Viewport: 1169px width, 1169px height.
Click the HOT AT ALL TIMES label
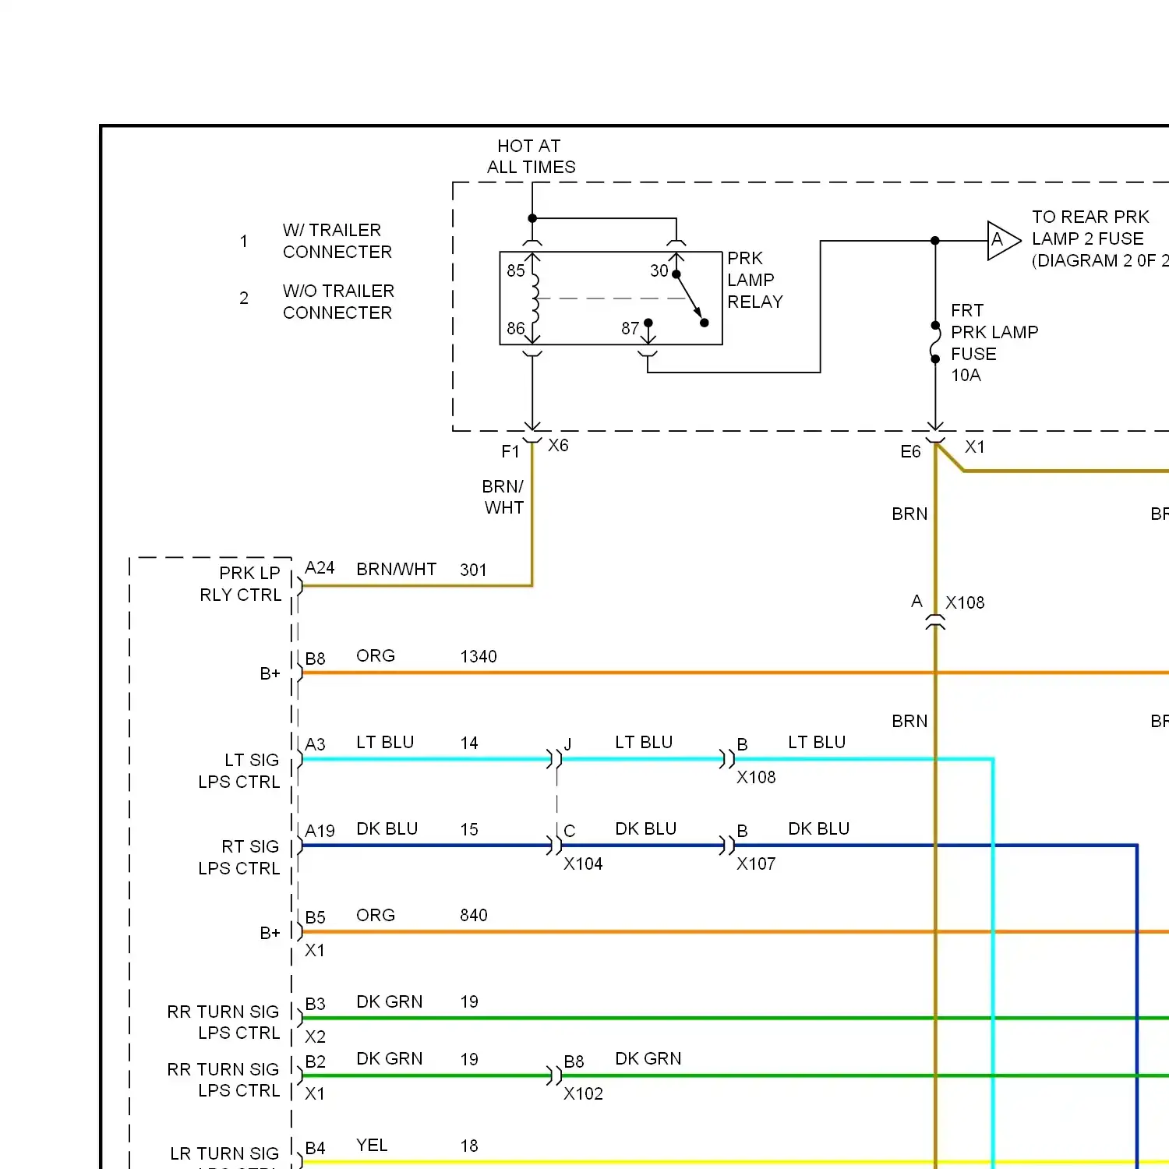[x=531, y=157]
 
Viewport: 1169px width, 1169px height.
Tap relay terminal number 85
[x=515, y=271]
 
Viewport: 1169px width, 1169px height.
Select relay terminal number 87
[x=630, y=329]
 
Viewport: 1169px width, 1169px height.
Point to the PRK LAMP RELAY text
[x=754, y=280]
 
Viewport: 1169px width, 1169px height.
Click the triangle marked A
[x=1001, y=240]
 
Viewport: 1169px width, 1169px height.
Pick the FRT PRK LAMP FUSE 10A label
[x=994, y=343]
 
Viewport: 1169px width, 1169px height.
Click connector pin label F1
[x=510, y=452]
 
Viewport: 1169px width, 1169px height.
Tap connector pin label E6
[x=910, y=452]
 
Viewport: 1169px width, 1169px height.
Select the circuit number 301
[x=473, y=570]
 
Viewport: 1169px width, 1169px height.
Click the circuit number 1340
[x=478, y=657]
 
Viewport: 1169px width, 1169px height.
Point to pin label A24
[x=320, y=568]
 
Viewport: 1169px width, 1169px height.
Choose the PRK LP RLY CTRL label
[x=241, y=584]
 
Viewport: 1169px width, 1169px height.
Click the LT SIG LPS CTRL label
[x=239, y=772]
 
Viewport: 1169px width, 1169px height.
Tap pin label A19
[x=320, y=832]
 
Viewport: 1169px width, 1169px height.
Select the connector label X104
[x=583, y=864]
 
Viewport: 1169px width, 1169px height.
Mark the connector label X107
[x=756, y=864]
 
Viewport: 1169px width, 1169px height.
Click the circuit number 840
[x=473, y=916]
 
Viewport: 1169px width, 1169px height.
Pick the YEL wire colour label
[x=372, y=1146]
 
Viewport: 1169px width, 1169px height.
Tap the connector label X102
[x=583, y=1094]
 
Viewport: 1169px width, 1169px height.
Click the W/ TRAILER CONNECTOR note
[x=337, y=242]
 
